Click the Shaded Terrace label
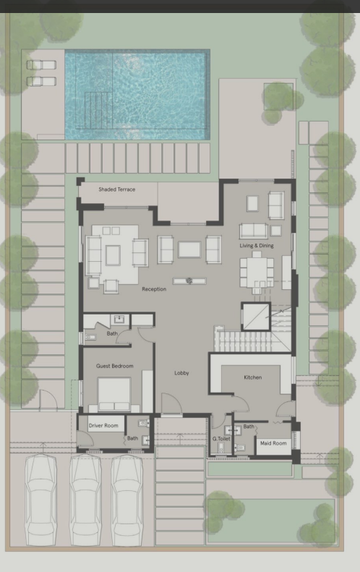(116, 189)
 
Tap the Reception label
(154, 289)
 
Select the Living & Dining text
(257, 246)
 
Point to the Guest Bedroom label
(114, 366)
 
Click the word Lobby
(181, 373)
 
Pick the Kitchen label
(253, 377)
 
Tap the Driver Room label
(103, 425)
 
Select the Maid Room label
(273, 443)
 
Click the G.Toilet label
(221, 439)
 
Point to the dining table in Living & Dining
(257, 273)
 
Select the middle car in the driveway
(86, 500)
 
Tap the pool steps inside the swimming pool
(98, 111)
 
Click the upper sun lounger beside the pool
(41, 65)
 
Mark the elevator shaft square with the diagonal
(256, 317)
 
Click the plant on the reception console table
(189, 281)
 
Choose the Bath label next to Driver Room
(132, 438)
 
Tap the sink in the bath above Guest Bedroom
(119, 320)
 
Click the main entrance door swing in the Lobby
(171, 403)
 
